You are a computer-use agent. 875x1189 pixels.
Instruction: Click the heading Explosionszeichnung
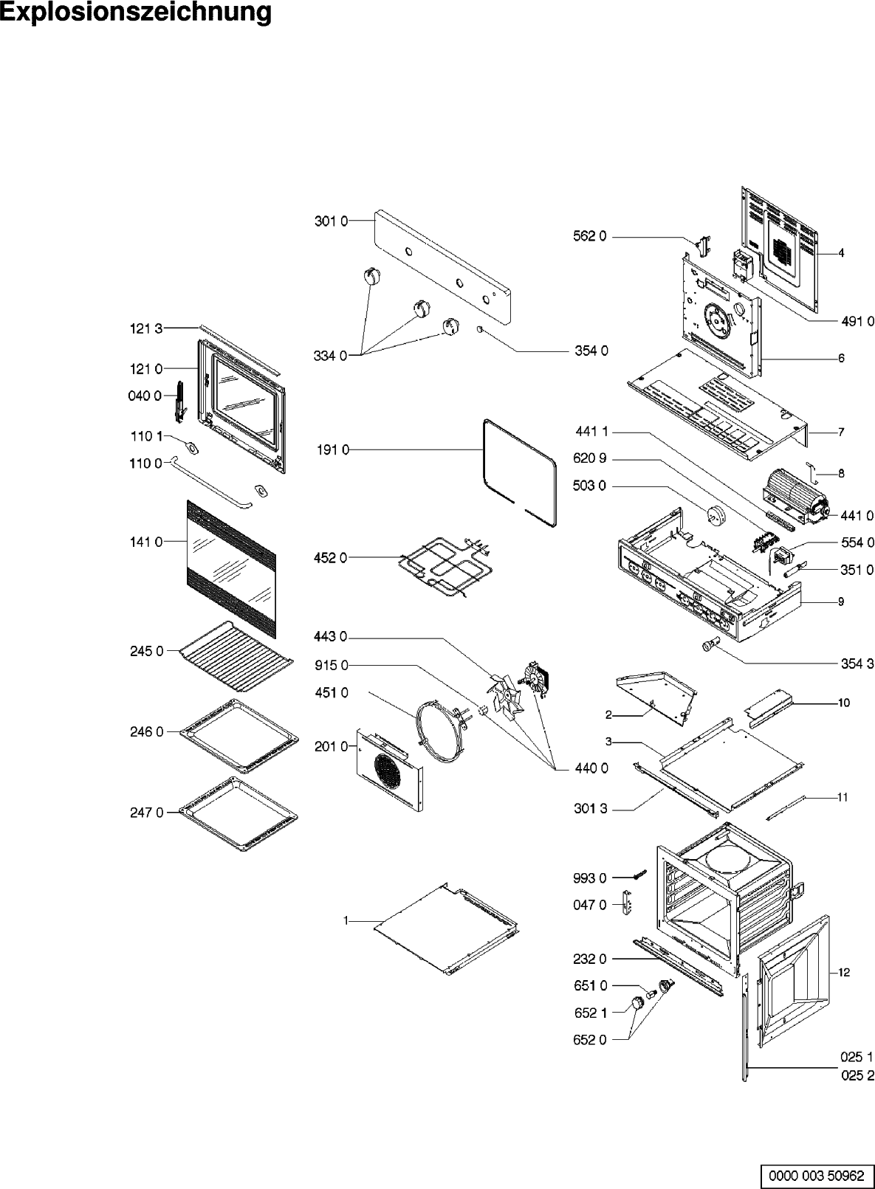(x=136, y=13)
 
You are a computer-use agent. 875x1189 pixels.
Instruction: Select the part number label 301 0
(x=331, y=221)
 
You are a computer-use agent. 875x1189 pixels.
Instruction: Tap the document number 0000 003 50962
(x=816, y=1174)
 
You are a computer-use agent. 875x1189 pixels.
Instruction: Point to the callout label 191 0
(x=333, y=449)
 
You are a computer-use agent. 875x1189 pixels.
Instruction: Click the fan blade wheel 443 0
(x=504, y=694)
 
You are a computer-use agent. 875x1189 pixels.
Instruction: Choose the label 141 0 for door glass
(x=147, y=542)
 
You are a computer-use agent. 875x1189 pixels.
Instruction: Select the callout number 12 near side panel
(x=844, y=972)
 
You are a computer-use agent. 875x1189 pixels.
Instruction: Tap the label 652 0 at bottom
(x=590, y=1040)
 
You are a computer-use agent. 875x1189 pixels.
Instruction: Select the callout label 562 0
(x=590, y=236)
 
